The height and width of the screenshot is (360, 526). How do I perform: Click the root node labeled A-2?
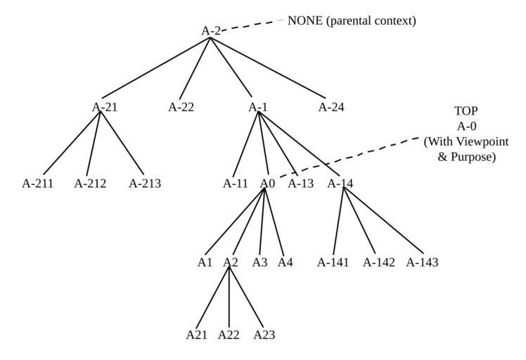click(x=211, y=31)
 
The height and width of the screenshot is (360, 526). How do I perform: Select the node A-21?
click(x=105, y=108)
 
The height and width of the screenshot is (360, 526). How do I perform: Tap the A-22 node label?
click(x=181, y=108)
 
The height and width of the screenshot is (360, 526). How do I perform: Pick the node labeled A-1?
click(x=258, y=108)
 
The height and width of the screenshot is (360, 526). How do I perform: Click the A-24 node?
click(x=331, y=108)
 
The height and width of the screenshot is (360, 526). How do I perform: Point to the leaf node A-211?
click(x=39, y=184)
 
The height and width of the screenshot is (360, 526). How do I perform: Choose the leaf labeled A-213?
click(x=145, y=184)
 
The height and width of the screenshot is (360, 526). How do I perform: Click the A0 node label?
click(x=267, y=184)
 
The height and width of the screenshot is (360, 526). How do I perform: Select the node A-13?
click(x=301, y=184)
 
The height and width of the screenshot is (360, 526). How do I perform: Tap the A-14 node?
click(x=341, y=184)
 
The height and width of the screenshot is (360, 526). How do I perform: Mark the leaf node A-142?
click(x=378, y=263)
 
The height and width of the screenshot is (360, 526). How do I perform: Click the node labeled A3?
click(x=260, y=263)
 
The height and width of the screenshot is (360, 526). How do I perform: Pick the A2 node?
click(x=231, y=263)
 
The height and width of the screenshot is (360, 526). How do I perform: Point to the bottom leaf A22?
click(x=229, y=335)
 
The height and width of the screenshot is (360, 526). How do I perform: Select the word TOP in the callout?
click(x=466, y=111)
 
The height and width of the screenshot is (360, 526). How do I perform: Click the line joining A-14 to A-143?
click(x=383, y=222)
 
